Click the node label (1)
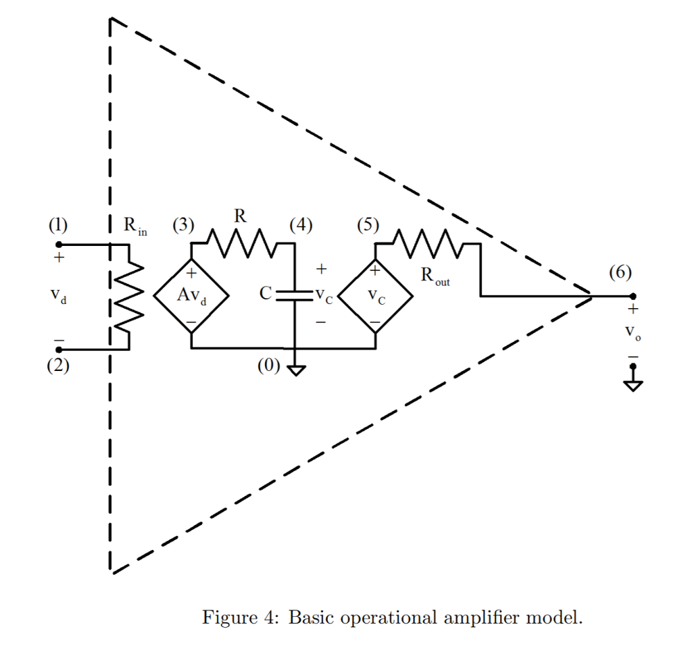57,226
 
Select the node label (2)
57,366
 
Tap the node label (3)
182,226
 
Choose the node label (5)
368,226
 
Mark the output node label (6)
620,272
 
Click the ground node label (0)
268,366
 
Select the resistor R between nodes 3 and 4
240,244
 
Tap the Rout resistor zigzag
427,244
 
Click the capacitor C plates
295,295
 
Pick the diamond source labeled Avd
191,296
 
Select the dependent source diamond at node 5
376,296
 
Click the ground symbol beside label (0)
295,370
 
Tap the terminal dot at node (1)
58,244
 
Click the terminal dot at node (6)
633,296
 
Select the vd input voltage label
58,295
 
